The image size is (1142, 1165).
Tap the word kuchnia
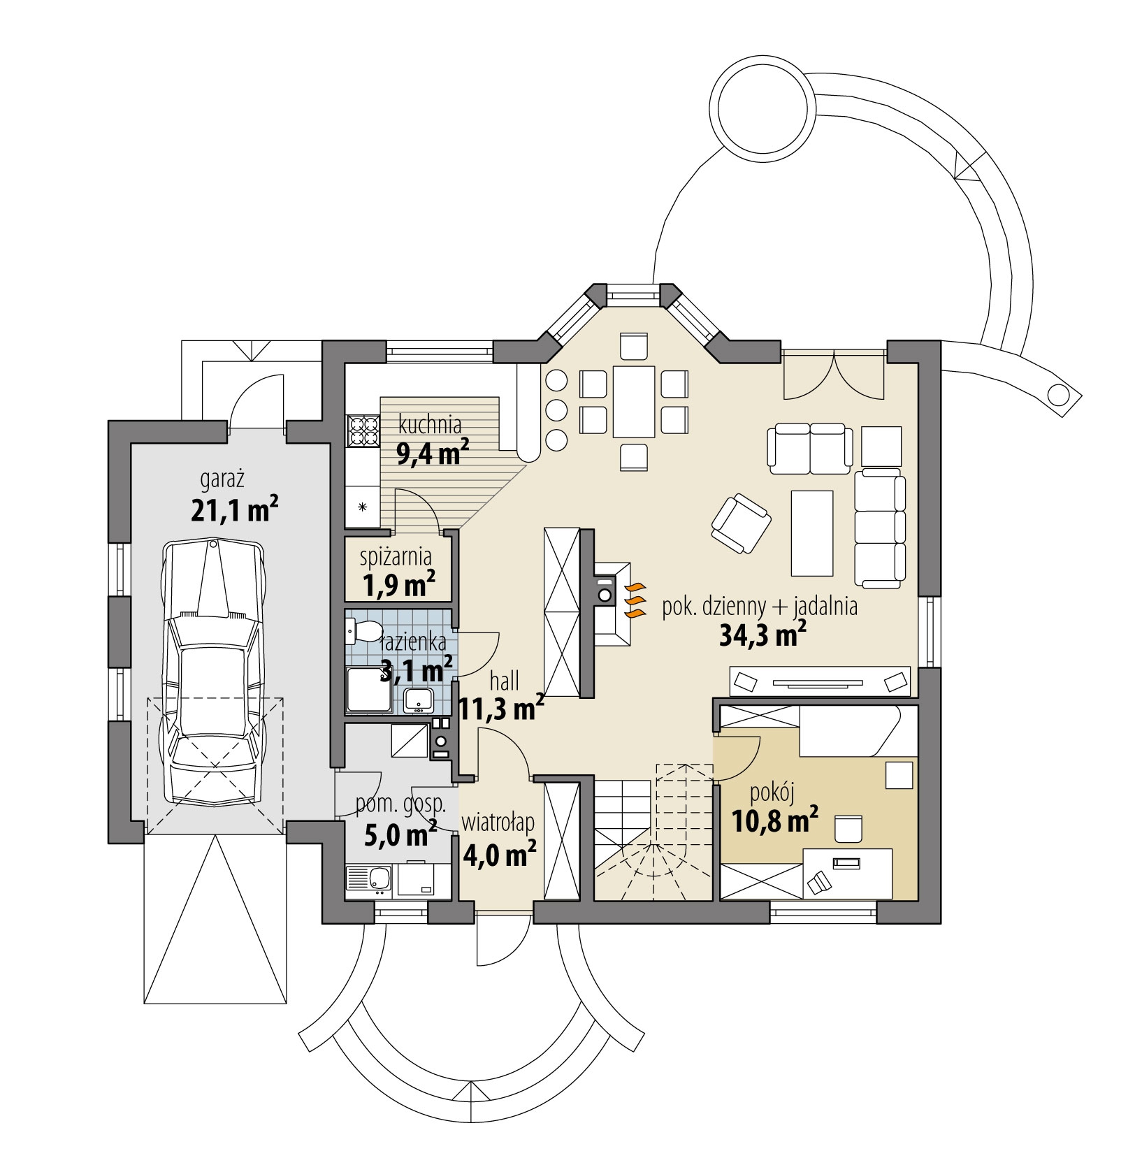pyautogui.click(x=430, y=424)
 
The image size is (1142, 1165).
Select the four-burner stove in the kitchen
pyautogui.click(x=362, y=431)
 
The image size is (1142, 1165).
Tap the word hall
pyautogui.click(x=504, y=681)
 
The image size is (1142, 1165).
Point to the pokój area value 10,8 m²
pyautogui.click(x=775, y=820)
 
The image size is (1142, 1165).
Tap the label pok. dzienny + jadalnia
pyautogui.click(x=759, y=607)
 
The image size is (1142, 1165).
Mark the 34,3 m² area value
pyautogui.click(x=762, y=637)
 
